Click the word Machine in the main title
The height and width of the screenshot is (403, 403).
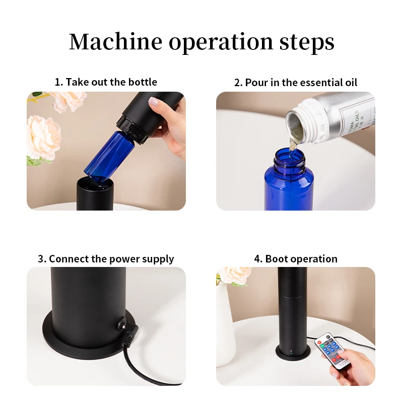(116, 42)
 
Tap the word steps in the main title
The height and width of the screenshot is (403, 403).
(307, 43)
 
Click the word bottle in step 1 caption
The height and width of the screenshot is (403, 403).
(143, 82)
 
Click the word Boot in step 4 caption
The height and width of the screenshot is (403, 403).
(276, 259)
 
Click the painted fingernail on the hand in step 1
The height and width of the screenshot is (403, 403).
(154, 102)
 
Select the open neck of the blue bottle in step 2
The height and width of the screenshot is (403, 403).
(290, 158)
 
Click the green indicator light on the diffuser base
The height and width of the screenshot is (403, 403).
(291, 353)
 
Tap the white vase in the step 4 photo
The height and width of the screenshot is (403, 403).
(225, 324)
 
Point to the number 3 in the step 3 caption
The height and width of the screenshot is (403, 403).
(41, 259)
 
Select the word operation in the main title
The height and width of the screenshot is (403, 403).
(221, 43)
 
